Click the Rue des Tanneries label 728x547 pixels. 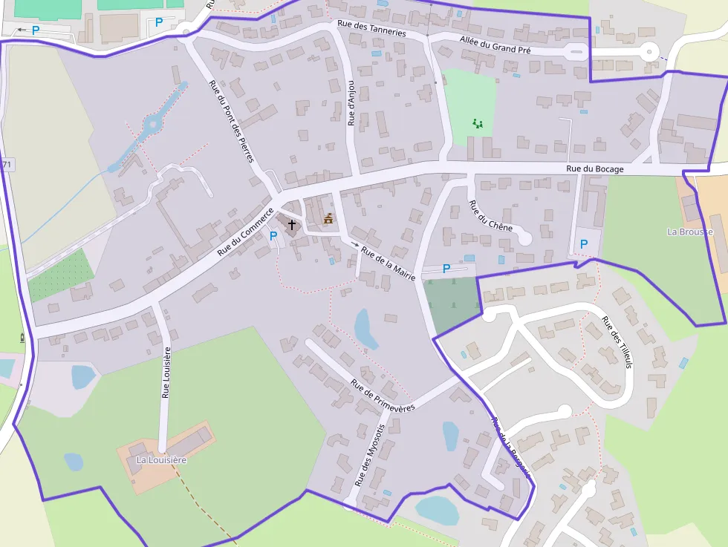click(x=371, y=28)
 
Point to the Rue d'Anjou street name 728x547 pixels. click(x=352, y=103)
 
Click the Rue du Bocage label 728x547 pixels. click(x=595, y=168)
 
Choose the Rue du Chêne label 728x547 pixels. click(x=490, y=214)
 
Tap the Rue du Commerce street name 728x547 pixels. click(x=246, y=232)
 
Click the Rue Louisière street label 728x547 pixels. click(x=166, y=372)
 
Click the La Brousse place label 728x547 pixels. click(x=690, y=232)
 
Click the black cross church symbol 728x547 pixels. click(x=292, y=223)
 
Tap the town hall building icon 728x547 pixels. click(x=328, y=219)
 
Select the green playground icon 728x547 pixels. click(x=477, y=123)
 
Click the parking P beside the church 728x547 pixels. click(x=273, y=236)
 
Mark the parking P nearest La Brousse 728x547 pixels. click(x=583, y=243)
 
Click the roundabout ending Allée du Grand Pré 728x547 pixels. click(x=650, y=52)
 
